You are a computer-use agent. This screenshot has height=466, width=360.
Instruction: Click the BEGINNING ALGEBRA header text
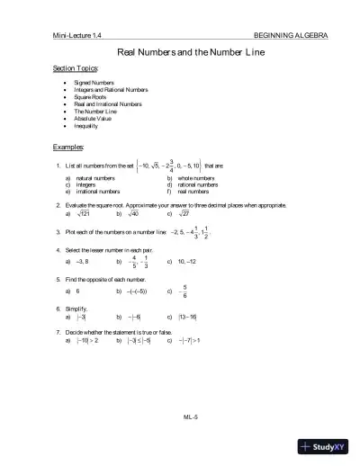291,35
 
